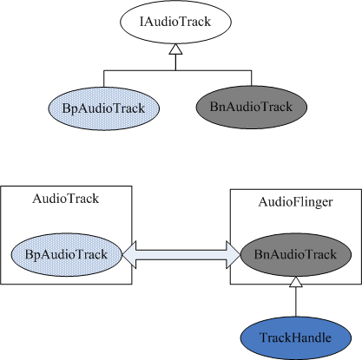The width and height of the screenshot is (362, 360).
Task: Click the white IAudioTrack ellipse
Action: pos(175,22)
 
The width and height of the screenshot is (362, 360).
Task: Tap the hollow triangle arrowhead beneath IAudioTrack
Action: pos(175,49)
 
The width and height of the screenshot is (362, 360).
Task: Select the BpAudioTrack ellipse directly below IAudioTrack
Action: pos(104,108)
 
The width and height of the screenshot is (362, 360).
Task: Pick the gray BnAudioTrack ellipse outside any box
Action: pos(252,107)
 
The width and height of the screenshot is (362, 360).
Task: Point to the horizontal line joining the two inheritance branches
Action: pos(178,70)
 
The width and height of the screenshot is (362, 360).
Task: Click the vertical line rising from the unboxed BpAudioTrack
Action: pos(104,78)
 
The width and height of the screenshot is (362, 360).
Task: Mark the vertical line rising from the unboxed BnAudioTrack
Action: pos(252,78)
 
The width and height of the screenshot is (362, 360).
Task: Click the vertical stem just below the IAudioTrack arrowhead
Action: pos(175,62)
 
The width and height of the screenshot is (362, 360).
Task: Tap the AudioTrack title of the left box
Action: pos(66,199)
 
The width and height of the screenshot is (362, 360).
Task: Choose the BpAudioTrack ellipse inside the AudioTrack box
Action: pos(67,255)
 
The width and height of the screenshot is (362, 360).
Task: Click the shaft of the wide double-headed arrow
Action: pos(181,255)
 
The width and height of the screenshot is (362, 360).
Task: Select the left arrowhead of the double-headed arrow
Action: pos(129,255)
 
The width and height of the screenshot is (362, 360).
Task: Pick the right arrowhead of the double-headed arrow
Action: pos(234,255)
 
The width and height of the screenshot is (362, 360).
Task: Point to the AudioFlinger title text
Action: pos(295,202)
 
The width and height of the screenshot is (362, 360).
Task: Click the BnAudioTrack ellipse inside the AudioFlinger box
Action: pos(296,255)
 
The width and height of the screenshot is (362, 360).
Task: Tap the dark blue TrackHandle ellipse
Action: pos(296,337)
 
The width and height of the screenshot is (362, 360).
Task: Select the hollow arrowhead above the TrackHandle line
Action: pos(296,282)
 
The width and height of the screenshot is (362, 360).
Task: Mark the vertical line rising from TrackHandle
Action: pos(296,302)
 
